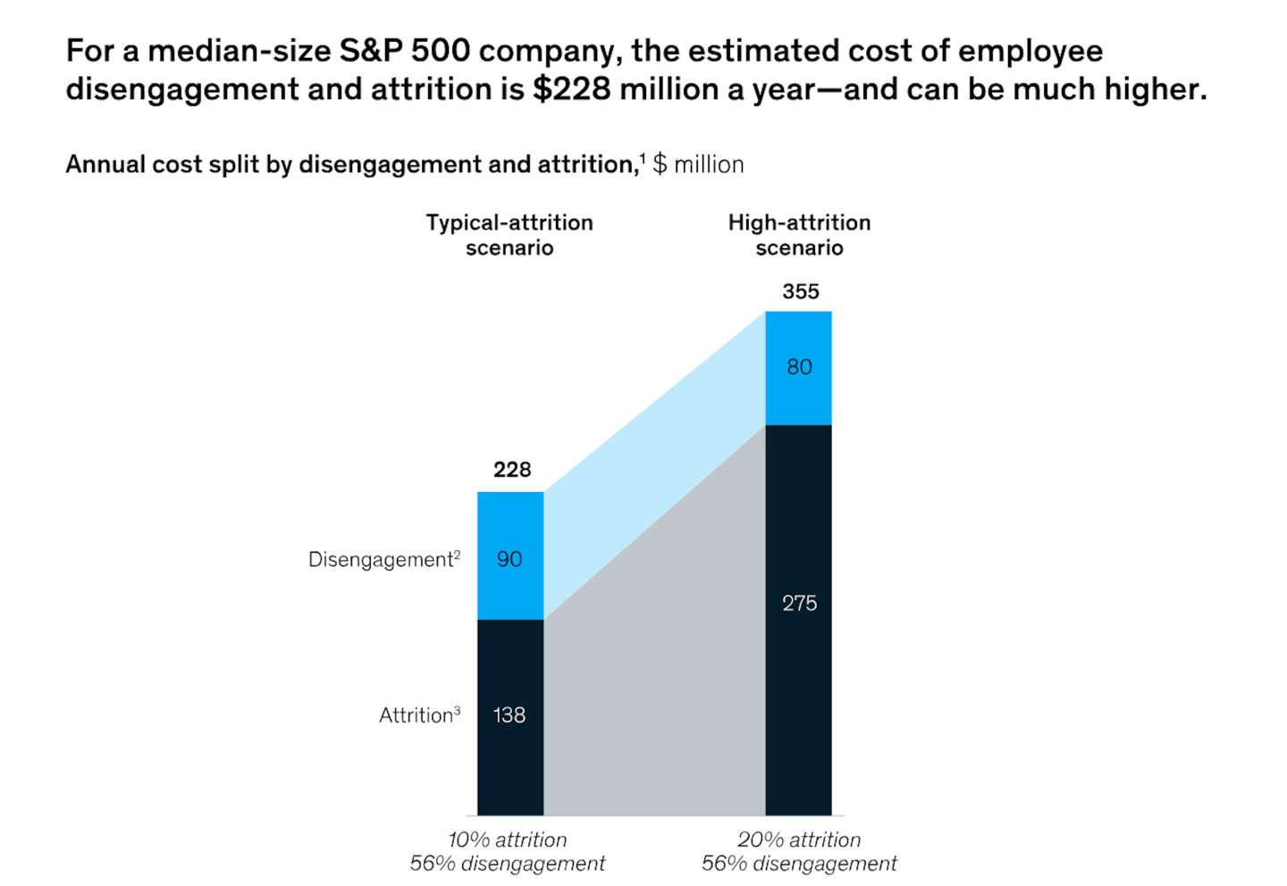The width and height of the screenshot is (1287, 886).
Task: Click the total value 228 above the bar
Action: tap(512, 470)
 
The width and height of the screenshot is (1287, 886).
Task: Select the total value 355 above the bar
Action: tap(801, 292)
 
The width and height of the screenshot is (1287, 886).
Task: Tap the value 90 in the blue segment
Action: tap(509, 559)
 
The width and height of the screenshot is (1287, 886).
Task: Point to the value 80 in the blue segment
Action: tap(799, 367)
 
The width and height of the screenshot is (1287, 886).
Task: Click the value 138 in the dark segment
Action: tap(509, 715)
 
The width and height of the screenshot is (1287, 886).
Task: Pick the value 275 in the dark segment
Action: tap(799, 603)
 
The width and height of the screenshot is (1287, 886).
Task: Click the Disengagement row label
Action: tap(381, 560)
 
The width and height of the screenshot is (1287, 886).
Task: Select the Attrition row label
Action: tap(416, 715)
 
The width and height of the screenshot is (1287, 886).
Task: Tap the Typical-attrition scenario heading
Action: tap(509, 235)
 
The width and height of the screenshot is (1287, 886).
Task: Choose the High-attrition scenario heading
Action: tap(799, 235)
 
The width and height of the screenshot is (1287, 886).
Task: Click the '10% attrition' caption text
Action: tap(507, 840)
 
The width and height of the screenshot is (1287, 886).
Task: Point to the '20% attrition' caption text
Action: tap(799, 840)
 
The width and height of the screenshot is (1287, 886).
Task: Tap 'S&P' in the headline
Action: tap(370, 51)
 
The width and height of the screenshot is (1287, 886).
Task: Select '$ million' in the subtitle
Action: tap(698, 164)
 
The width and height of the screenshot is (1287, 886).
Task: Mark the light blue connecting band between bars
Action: tap(652, 464)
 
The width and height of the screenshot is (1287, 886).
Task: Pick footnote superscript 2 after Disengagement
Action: tap(457, 554)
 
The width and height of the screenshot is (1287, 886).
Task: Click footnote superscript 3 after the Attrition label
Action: tap(457, 710)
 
